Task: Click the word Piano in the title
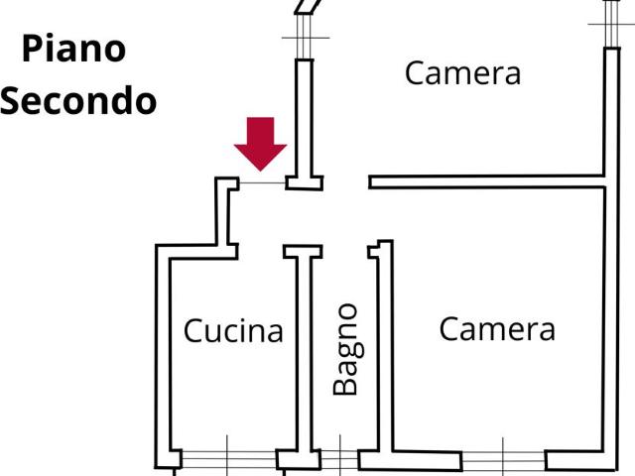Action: [74, 49]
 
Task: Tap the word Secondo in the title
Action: [78, 100]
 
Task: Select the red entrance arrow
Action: [260, 142]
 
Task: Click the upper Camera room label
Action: [462, 73]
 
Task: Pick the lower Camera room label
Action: [497, 329]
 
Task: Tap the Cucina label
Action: [233, 330]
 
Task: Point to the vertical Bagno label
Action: [345, 349]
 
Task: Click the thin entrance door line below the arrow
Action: [262, 182]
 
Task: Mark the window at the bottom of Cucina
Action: [228, 459]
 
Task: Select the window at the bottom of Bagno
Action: [339, 459]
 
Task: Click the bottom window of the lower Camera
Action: [503, 460]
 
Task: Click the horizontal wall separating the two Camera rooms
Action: [486, 181]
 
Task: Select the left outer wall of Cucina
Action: [162, 357]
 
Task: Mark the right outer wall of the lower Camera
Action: [606, 327]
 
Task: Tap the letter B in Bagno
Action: [345, 384]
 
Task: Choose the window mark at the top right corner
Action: [612, 22]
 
